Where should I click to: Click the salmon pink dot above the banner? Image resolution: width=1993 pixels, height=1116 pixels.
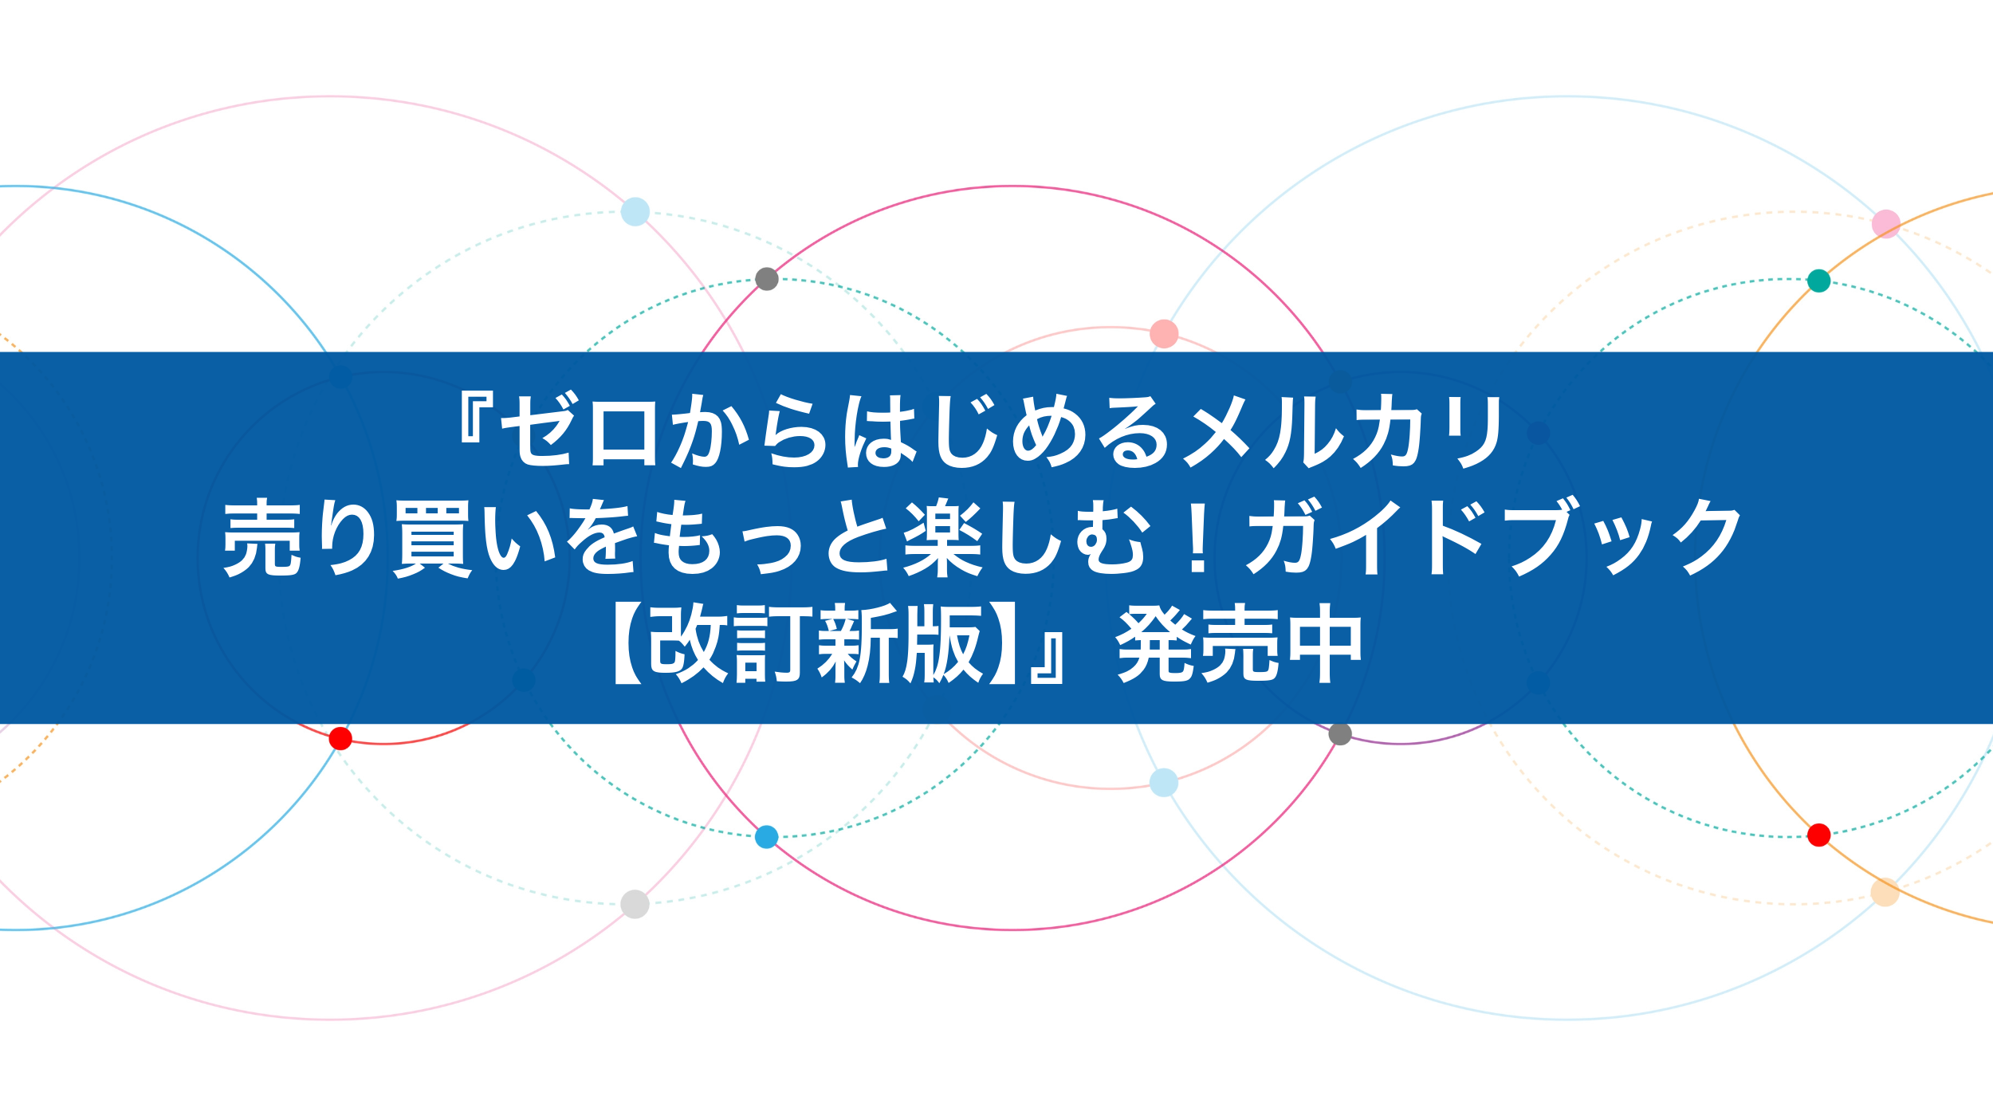pos(1164,334)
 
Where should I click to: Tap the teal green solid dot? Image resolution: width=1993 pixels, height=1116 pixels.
pos(1818,281)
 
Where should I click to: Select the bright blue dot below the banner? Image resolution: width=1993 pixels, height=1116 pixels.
pos(766,837)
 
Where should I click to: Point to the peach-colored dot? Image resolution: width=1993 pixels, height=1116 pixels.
pos(1885,892)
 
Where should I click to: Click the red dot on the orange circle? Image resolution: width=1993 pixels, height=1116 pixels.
pos(1818,835)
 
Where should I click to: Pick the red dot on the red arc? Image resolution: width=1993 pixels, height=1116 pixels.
pos(340,738)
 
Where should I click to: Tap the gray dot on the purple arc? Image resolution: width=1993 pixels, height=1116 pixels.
pos(1340,734)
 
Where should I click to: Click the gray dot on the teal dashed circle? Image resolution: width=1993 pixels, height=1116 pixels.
pos(766,279)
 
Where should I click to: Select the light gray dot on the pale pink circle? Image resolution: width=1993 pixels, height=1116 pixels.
pos(635,904)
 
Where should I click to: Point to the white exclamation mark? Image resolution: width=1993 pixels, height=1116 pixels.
pos(1197,536)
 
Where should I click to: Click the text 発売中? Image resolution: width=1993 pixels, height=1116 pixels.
pos(1240,644)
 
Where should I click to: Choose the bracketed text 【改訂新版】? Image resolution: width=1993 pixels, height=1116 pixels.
pos(813,644)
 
